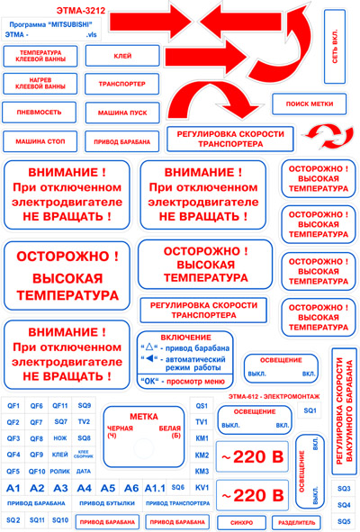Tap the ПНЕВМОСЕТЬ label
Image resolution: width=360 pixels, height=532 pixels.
(40, 113)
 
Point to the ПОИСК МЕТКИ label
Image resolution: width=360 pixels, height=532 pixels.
(309, 104)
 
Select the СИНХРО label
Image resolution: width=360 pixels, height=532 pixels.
(241, 521)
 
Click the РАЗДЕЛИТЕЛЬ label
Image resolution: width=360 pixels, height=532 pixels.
(296, 521)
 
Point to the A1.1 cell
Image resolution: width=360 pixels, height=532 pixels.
(154, 487)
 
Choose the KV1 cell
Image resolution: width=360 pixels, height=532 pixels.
(202, 487)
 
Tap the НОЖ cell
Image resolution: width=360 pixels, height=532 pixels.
(60, 437)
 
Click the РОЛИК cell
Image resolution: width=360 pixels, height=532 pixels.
(60, 471)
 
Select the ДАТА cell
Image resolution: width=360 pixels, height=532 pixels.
(84, 471)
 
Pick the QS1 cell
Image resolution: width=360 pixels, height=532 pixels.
(202, 406)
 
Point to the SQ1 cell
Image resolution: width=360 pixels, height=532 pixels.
(310, 410)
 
